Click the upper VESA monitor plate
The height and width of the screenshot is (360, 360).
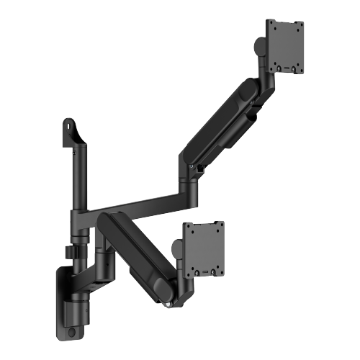[286, 45]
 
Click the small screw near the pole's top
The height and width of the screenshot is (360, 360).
[73, 152]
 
